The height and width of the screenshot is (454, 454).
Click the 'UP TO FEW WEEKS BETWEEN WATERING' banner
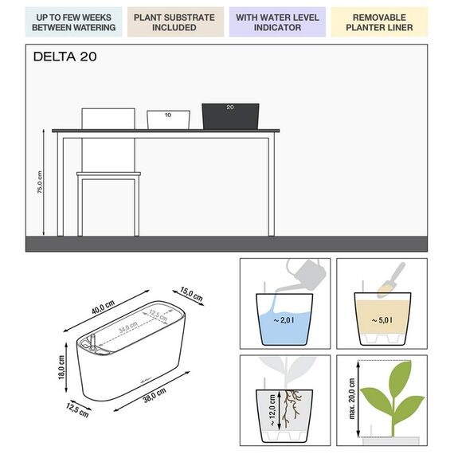(73, 22)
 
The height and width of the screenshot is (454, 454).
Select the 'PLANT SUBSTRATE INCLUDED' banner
(174, 22)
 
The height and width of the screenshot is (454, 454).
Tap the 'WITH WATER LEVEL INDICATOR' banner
(277, 22)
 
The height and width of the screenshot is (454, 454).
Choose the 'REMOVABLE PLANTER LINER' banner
(379, 22)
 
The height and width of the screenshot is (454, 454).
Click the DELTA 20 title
(66, 57)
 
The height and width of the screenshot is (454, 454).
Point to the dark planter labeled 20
(232, 115)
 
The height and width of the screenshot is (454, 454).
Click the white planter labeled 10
(168, 119)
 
